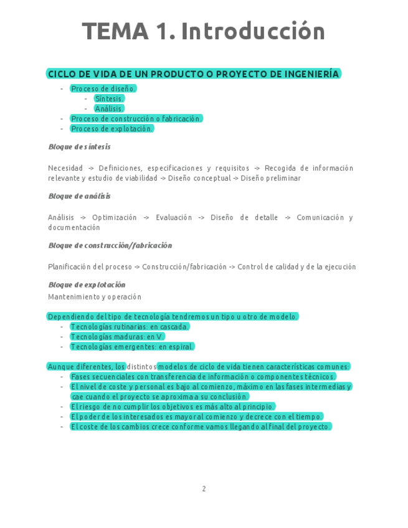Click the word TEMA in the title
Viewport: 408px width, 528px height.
coord(115,31)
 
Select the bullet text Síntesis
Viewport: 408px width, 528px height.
coord(109,98)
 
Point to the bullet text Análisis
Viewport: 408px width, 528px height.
coord(109,108)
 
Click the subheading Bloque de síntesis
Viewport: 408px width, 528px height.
coord(79,147)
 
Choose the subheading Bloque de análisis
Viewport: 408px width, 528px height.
coord(79,196)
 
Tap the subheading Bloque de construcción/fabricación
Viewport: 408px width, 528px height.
coord(110,245)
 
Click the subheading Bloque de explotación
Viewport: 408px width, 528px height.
coord(87,285)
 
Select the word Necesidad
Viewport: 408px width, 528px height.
coord(65,168)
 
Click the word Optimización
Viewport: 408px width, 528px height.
coord(114,217)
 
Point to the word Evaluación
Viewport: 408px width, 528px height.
coord(174,217)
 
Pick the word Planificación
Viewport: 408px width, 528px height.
coord(69,266)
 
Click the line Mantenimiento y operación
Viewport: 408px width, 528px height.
coord(95,297)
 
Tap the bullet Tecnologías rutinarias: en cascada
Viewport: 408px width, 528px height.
coord(130,327)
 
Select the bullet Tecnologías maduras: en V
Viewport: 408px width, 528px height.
coord(117,337)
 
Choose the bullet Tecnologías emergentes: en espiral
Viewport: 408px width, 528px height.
coord(132,347)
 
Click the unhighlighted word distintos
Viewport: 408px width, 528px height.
coord(141,367)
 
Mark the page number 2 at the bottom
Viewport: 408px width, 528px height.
coord(204,489)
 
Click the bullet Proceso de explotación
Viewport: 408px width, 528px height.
coord(111,128)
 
